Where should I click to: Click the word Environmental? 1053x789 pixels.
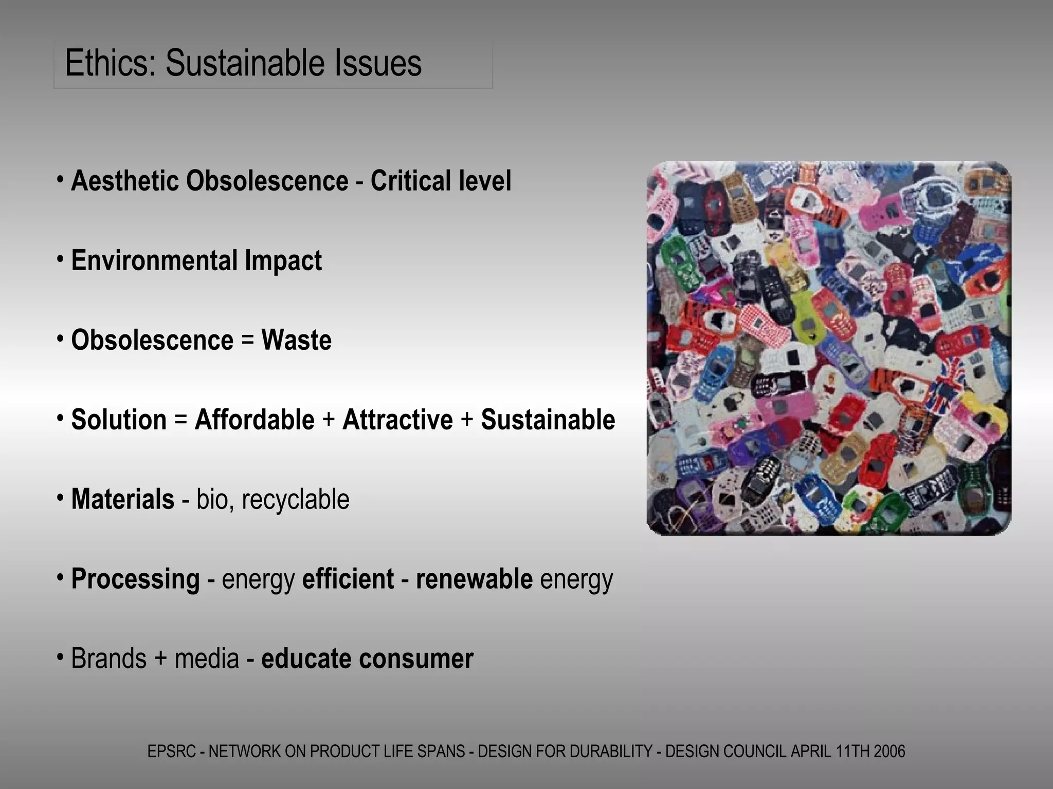point(155,260)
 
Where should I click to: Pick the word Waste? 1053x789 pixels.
point(296,340)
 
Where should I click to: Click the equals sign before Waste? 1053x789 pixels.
point(247,340)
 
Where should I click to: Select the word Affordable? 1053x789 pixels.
point(255,420)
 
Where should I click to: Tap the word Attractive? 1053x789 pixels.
point(397,420)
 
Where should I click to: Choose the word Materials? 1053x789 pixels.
point(123,499)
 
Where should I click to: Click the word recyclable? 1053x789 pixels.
point(295,499)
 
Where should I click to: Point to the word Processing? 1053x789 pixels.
point(135,579)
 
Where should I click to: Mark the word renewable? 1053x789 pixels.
point(474,579)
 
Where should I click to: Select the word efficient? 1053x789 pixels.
point(348,579)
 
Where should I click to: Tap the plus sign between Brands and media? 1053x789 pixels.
point(160,659)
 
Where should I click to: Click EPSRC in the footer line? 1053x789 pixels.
point(172,752)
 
